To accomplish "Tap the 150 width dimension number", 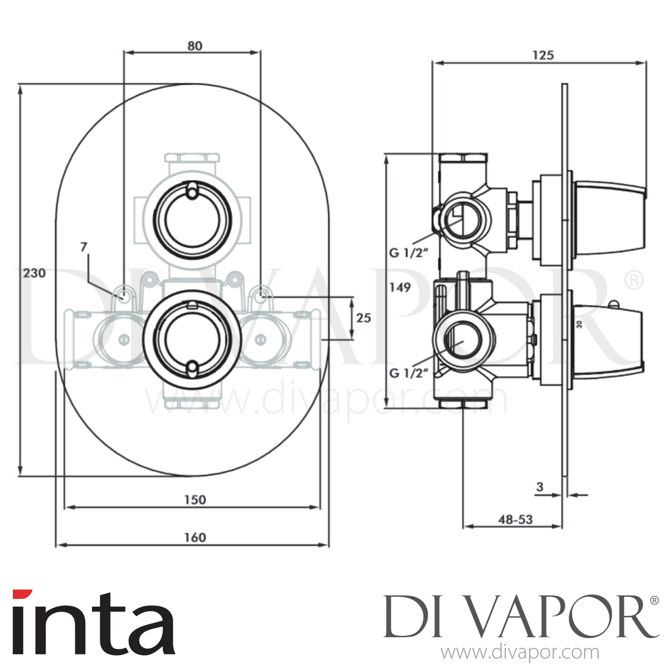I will point(195,500).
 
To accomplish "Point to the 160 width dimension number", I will point(195,537).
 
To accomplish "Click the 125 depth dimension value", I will point(543,55).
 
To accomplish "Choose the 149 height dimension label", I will point(400,287).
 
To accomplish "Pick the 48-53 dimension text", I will point(516,519).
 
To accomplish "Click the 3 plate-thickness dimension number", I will point(540,486).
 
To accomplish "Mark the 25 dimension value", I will point(363,318).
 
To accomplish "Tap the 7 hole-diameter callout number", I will point(84,247).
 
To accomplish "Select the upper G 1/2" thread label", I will point(408,253).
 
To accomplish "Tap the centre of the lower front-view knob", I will point(192,339).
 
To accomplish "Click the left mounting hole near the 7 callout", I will point(123,294).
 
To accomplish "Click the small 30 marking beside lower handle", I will point(579,325).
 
